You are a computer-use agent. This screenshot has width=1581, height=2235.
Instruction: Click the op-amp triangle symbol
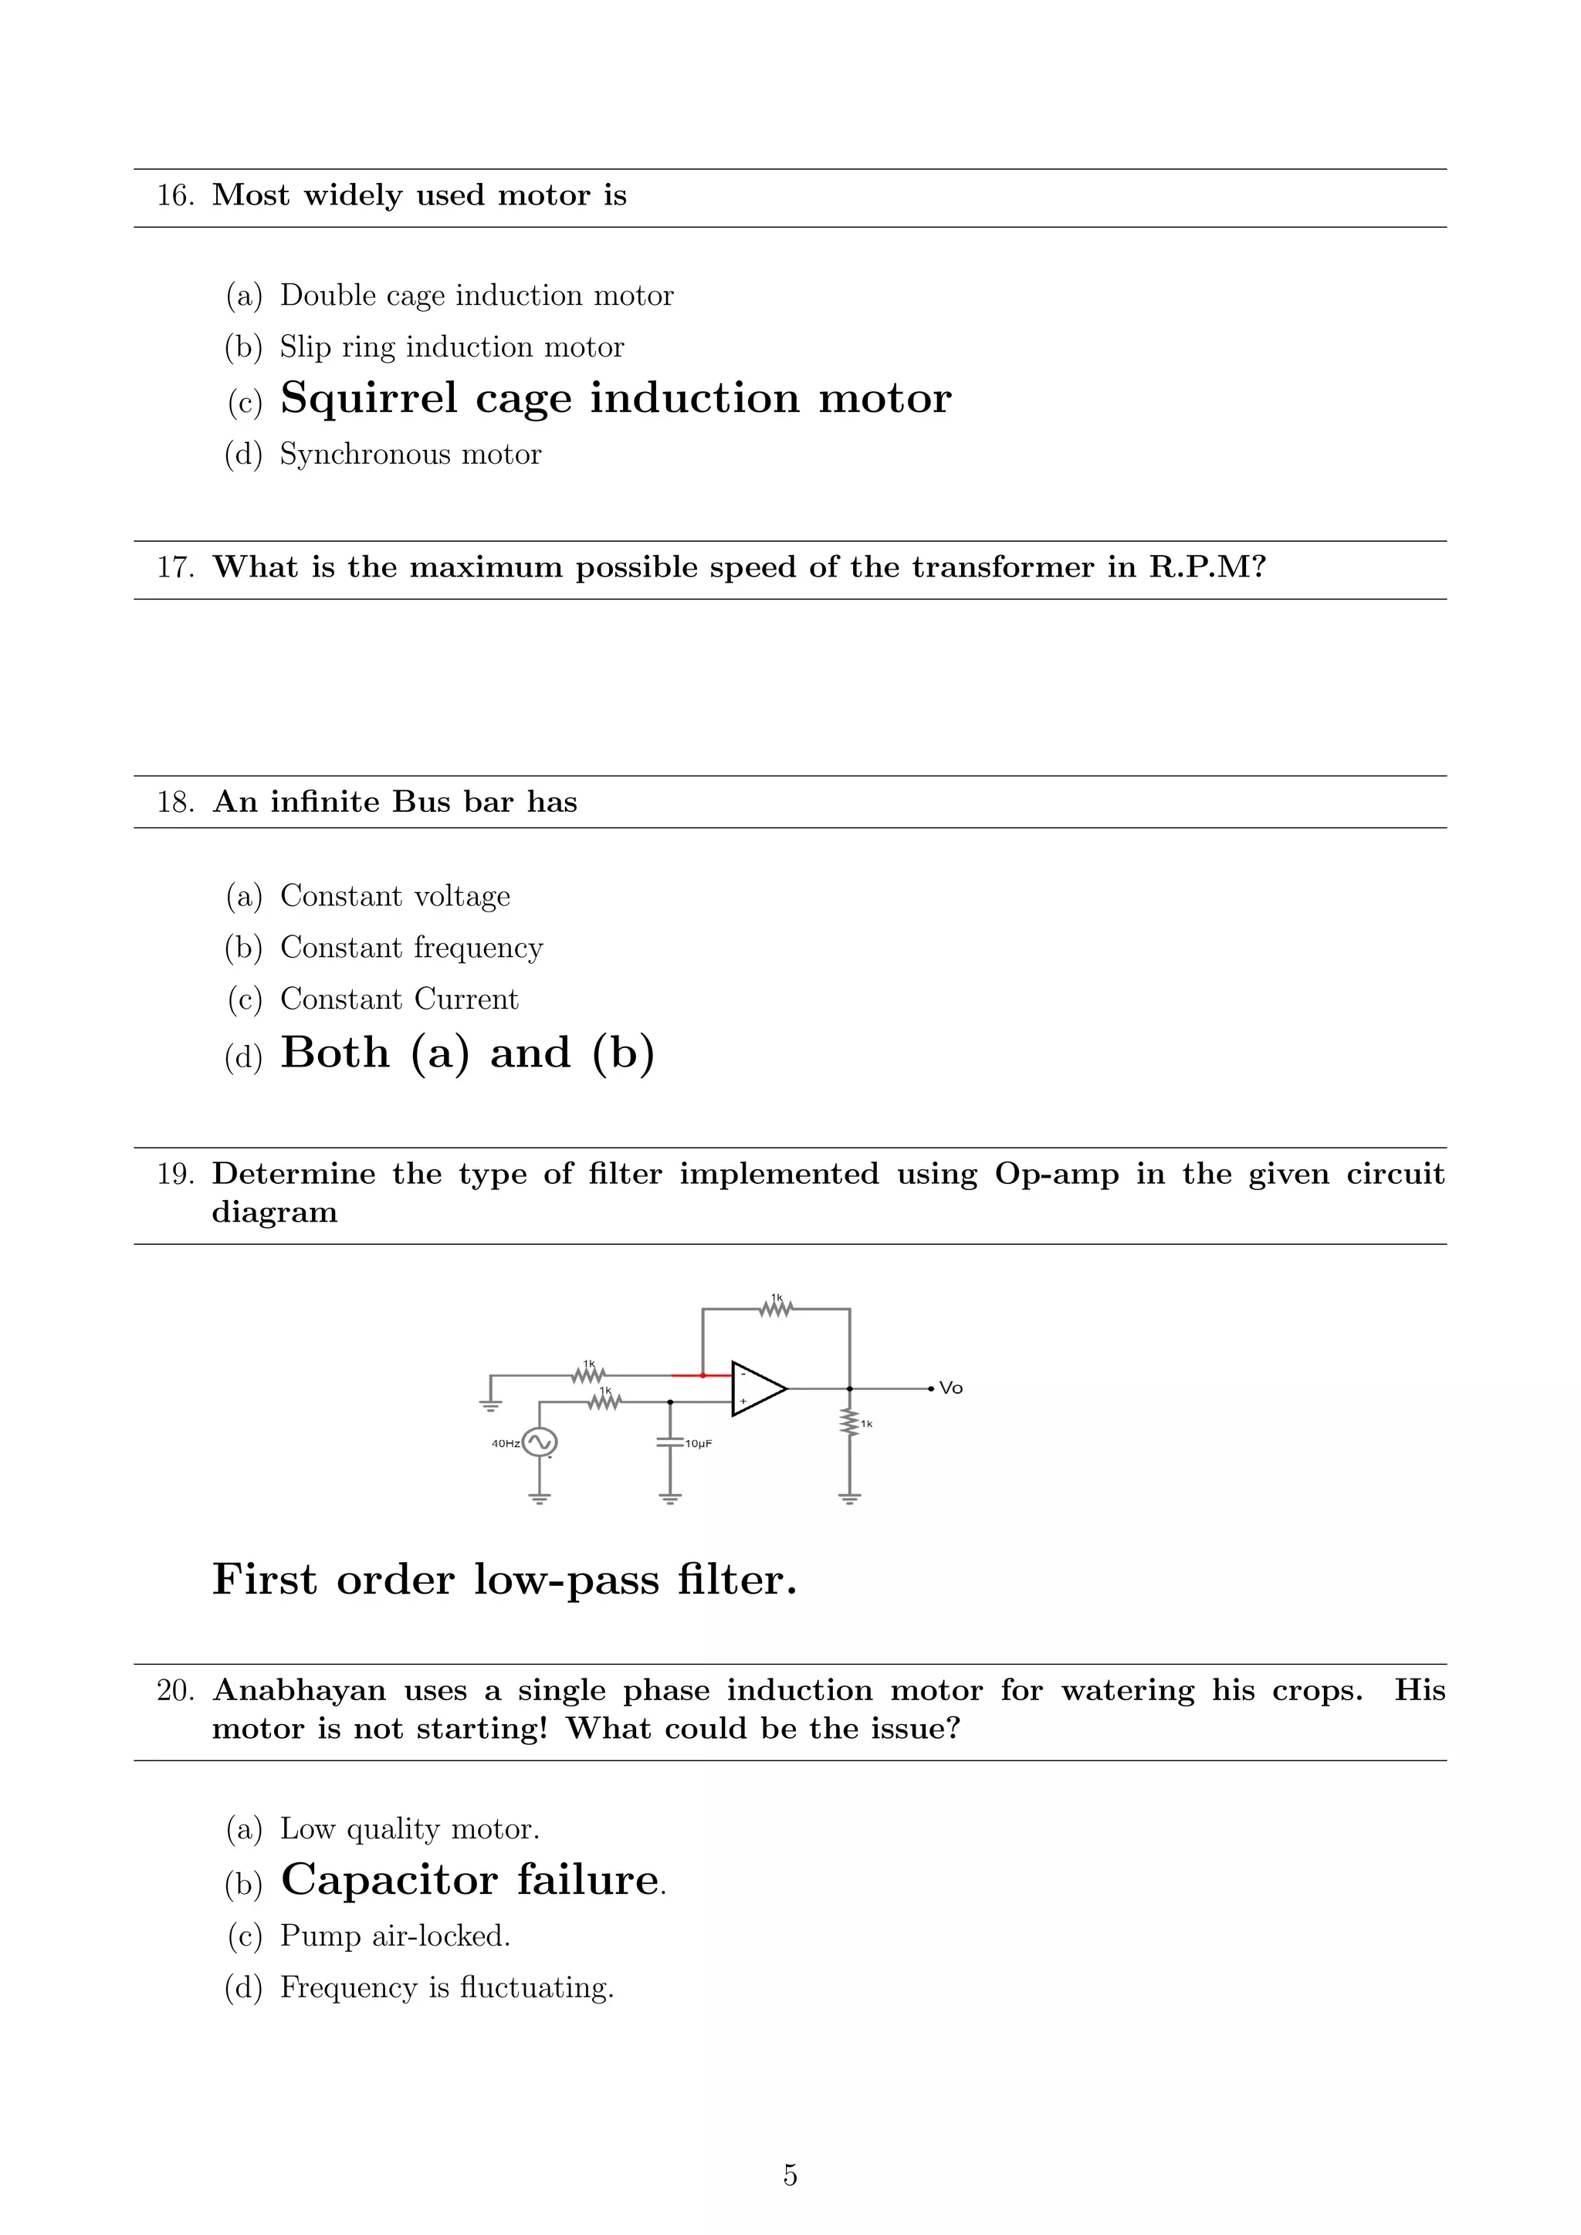[x=757, y=1388]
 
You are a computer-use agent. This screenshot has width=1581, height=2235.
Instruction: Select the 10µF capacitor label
[x=698, y=1444]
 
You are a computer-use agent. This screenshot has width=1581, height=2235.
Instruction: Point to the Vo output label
[x=951, y=1388]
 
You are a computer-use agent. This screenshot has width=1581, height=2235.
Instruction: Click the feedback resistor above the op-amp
[x=776, y=1309]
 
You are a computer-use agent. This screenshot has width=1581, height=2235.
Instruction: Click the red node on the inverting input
[x=703, y=1375]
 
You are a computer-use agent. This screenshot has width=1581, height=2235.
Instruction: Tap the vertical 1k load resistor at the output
[x=850, y=1423]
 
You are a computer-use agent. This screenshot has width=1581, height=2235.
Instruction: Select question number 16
[x=175, y=196]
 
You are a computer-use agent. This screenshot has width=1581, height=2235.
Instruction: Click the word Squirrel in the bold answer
[x=368, y=398]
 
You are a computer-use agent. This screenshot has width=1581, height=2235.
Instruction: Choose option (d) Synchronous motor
[x=410, y=455]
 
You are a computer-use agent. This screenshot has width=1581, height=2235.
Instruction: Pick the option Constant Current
[x=399, y=999]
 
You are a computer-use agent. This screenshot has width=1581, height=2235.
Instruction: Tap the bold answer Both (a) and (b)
[x=467, y=1053]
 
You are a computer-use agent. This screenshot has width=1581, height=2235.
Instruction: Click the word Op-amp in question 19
[x=1056, y=1175]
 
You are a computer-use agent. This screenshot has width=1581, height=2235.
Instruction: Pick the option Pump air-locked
[x=394, y=1936]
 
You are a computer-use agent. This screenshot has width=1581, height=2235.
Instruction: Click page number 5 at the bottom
[x=790, y=2175]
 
